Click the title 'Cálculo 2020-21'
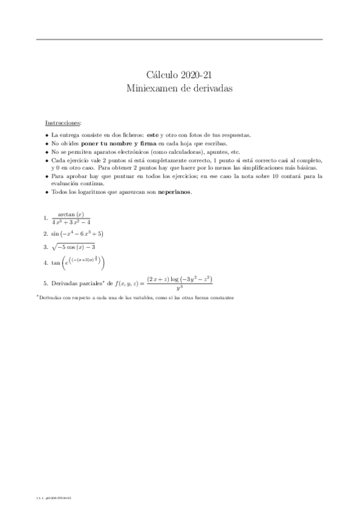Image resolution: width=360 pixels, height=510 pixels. tap(180, 75)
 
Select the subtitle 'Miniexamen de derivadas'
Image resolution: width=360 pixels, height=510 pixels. tap(180, 88)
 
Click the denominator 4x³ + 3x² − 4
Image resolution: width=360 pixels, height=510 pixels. tap(71, 222)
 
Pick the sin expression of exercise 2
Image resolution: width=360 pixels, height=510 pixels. tap(77, 234)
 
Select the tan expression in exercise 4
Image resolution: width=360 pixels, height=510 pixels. tap(79, 262)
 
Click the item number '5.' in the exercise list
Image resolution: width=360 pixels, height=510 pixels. tap(46, 283)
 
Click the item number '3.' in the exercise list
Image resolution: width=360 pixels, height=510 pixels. tap(46, 247)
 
